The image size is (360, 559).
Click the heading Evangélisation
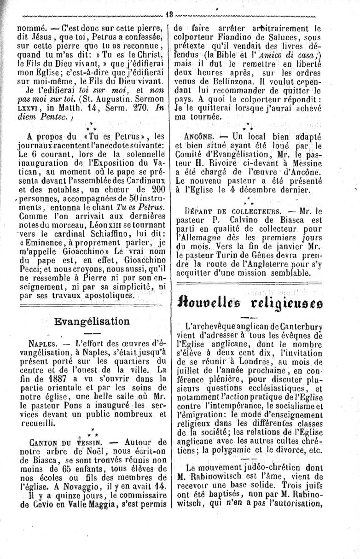92,321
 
